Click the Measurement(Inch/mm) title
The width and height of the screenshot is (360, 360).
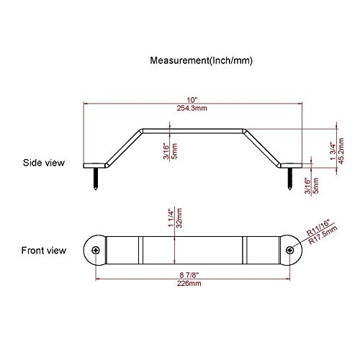click(201, 60)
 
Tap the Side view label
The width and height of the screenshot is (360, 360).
click(44, 163)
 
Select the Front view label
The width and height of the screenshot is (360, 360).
click(44, 251)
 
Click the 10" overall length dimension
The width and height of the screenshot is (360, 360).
click(192, 99)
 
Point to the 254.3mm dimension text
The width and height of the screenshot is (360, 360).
click(192, 108)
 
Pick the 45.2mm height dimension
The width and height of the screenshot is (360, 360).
click(341, 151)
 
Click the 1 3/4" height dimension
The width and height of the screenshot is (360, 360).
click(333, 151)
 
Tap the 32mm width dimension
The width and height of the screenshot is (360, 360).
click(179, 217)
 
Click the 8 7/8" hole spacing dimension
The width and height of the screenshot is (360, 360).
click(189, 274)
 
